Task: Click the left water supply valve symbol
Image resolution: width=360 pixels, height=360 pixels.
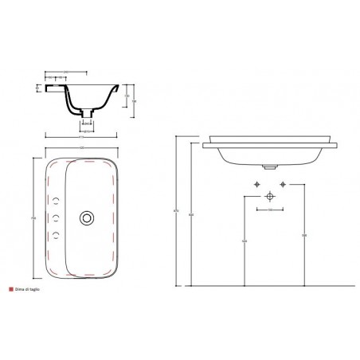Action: tap(256, 185)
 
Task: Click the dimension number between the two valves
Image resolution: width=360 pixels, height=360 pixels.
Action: tap(270, 210)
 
